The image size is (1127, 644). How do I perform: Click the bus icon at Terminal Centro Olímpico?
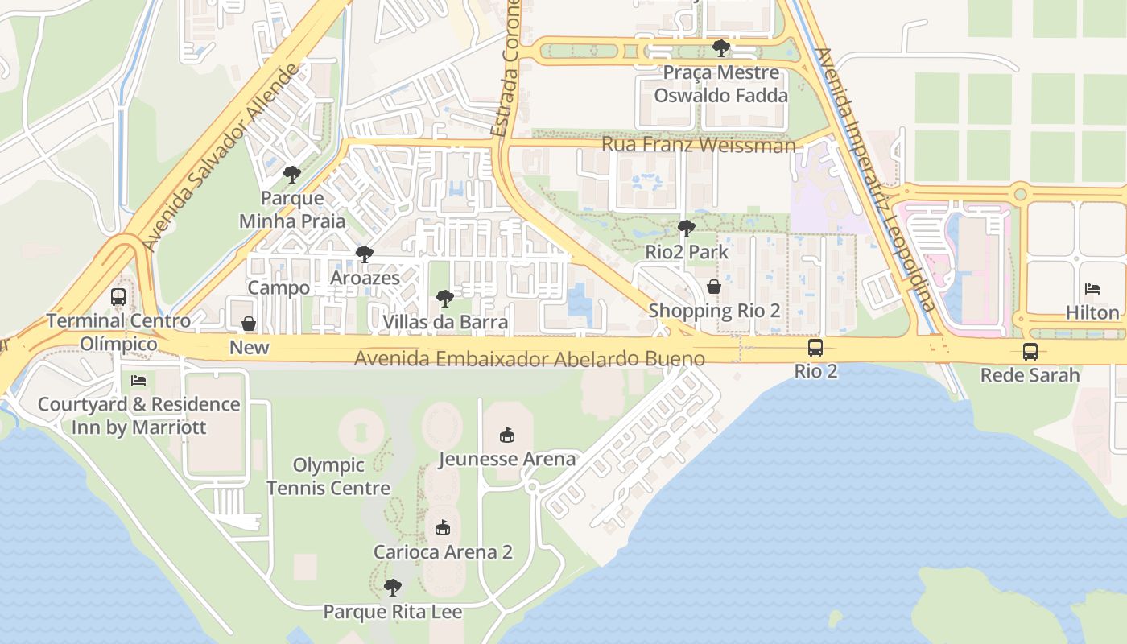tap(118, 297)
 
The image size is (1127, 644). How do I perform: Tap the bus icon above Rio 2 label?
tap(815, 348)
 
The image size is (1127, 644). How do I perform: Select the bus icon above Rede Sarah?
tap(1030, 351)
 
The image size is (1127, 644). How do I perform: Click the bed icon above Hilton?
tap(1092, 289)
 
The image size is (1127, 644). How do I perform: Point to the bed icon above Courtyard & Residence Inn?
tap(138, 380)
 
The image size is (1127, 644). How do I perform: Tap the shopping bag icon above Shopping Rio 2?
tap(713, 287)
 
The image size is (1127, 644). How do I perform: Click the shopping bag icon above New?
tap(249, 324)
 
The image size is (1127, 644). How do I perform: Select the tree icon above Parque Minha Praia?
tap(291, 174)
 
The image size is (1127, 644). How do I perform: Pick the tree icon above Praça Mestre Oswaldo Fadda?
tap(720, 48)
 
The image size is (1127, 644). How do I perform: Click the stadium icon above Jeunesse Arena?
tap(506, 436)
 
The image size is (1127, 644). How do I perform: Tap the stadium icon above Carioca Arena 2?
tap(442, 528)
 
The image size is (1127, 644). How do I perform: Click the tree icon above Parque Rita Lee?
tap(392, 588)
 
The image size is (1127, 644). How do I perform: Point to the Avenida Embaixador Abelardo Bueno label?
tap(530, 358)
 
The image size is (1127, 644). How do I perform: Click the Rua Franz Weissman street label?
tap(698, 145)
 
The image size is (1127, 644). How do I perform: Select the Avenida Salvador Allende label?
tap(218, 159)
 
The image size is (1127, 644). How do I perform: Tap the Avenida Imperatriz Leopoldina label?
tap(875, 179)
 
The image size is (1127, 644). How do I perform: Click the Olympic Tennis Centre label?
tap(328, 477)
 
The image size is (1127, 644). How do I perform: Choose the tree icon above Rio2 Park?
tap(686, 229)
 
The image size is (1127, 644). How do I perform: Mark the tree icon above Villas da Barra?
tap(444, 299)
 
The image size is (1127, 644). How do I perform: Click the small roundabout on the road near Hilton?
tap(1021, 193)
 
